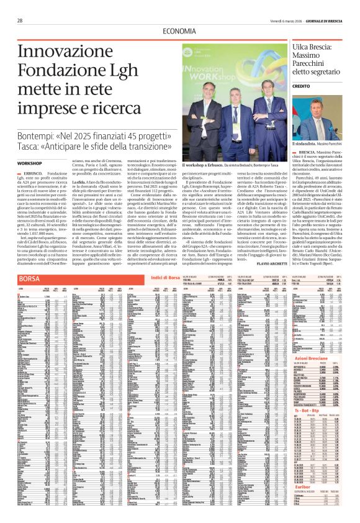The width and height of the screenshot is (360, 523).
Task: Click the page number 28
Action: (19, 20)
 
